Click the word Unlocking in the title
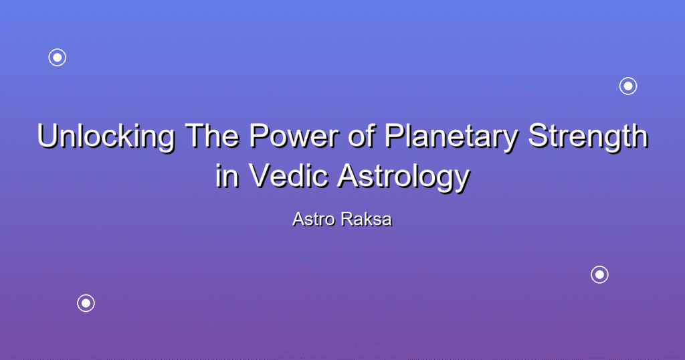106,137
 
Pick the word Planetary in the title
452,137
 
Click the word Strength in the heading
588,137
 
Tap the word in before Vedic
227,175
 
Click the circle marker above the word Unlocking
58,58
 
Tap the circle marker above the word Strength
628,86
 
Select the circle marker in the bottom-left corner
86,303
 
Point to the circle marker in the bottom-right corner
600,275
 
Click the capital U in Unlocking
48,137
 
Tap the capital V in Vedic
261,175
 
